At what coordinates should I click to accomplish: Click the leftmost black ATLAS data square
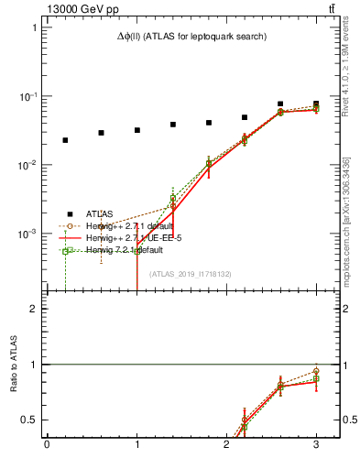(65, 140)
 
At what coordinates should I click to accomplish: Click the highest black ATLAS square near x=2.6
(280, 104)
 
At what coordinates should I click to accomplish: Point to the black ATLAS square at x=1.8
(209, 123)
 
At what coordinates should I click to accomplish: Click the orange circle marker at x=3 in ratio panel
(316, 371)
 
